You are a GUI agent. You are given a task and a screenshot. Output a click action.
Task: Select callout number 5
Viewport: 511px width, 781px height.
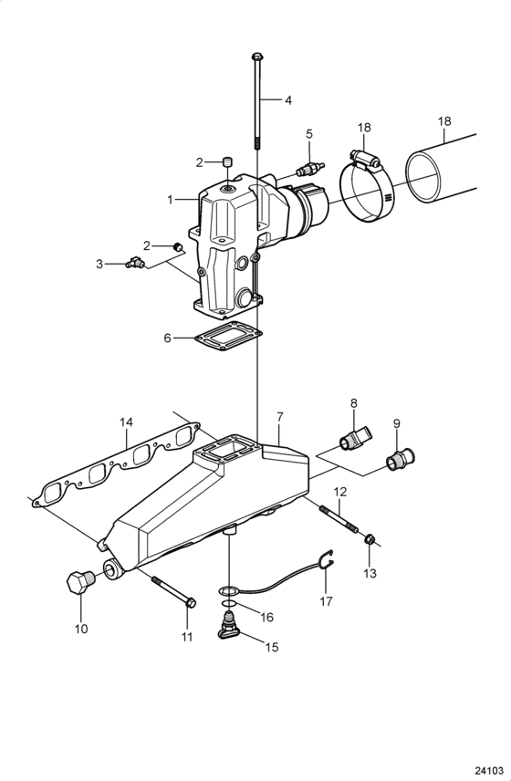tap(308, 133)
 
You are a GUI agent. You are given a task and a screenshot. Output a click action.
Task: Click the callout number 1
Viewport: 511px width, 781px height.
tap(169, 199)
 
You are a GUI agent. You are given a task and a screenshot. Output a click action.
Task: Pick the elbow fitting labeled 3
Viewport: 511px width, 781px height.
tap(134, 264)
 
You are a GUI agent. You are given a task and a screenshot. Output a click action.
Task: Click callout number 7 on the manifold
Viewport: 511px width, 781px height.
tap(280, 416)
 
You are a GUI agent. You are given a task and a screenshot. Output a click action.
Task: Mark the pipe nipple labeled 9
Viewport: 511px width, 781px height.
tap(399, 459)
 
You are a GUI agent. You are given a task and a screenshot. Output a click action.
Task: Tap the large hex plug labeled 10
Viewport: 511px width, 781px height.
tap(80, 582)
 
